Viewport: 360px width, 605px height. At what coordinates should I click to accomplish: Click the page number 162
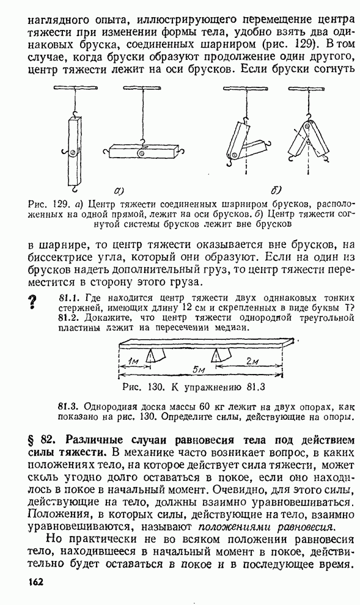click(x=35, y=581)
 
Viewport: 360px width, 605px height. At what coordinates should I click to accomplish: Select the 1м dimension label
click(x=133, y=361)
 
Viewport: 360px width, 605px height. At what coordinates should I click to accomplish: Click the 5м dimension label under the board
click(x=199, y=369)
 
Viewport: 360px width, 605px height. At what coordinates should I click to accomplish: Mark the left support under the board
click(x=155, y=354)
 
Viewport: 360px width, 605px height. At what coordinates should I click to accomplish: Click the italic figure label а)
click(x=119, y=189)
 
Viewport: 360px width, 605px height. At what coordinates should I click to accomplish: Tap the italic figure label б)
click(x=276, y=189)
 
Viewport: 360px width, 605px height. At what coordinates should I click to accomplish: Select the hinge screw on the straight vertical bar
click(x=73, y=153)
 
